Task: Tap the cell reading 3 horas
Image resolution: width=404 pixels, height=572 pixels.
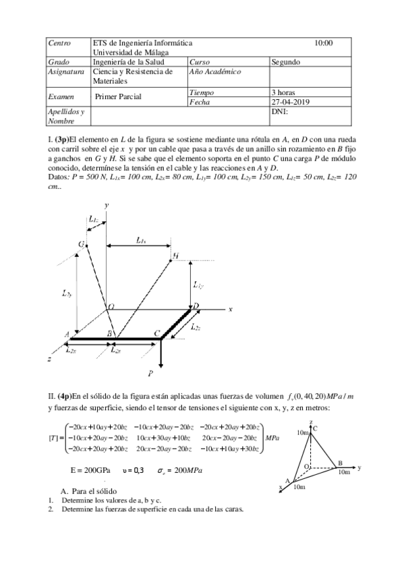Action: [283, 92]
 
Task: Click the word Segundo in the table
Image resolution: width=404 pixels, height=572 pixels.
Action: [286, 61]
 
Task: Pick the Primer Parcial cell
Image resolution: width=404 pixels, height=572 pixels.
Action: [118, 97]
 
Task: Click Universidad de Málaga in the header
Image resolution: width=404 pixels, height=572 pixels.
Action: [131, 52]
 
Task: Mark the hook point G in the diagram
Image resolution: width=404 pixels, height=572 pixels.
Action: [82, 244]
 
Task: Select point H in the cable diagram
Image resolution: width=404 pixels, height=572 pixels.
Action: [175, 256]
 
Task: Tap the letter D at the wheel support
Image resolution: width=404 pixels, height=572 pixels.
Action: [196, 306]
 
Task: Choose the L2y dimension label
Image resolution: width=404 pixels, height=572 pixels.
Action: [65, 293]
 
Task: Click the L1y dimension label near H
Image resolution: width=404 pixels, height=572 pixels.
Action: [198, 285]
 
